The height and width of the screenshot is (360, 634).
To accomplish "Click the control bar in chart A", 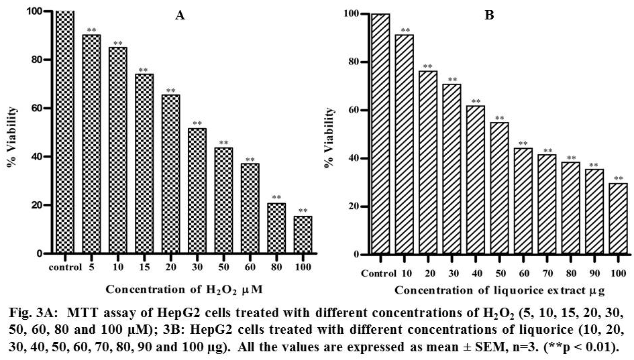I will point(64,133).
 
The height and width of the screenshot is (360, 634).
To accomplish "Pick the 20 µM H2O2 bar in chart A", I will point(170,174).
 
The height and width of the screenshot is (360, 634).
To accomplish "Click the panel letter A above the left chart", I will point(180,15).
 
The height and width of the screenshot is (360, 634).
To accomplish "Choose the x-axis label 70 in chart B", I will point(547,274).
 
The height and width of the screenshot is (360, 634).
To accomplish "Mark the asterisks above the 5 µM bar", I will point(91,30).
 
